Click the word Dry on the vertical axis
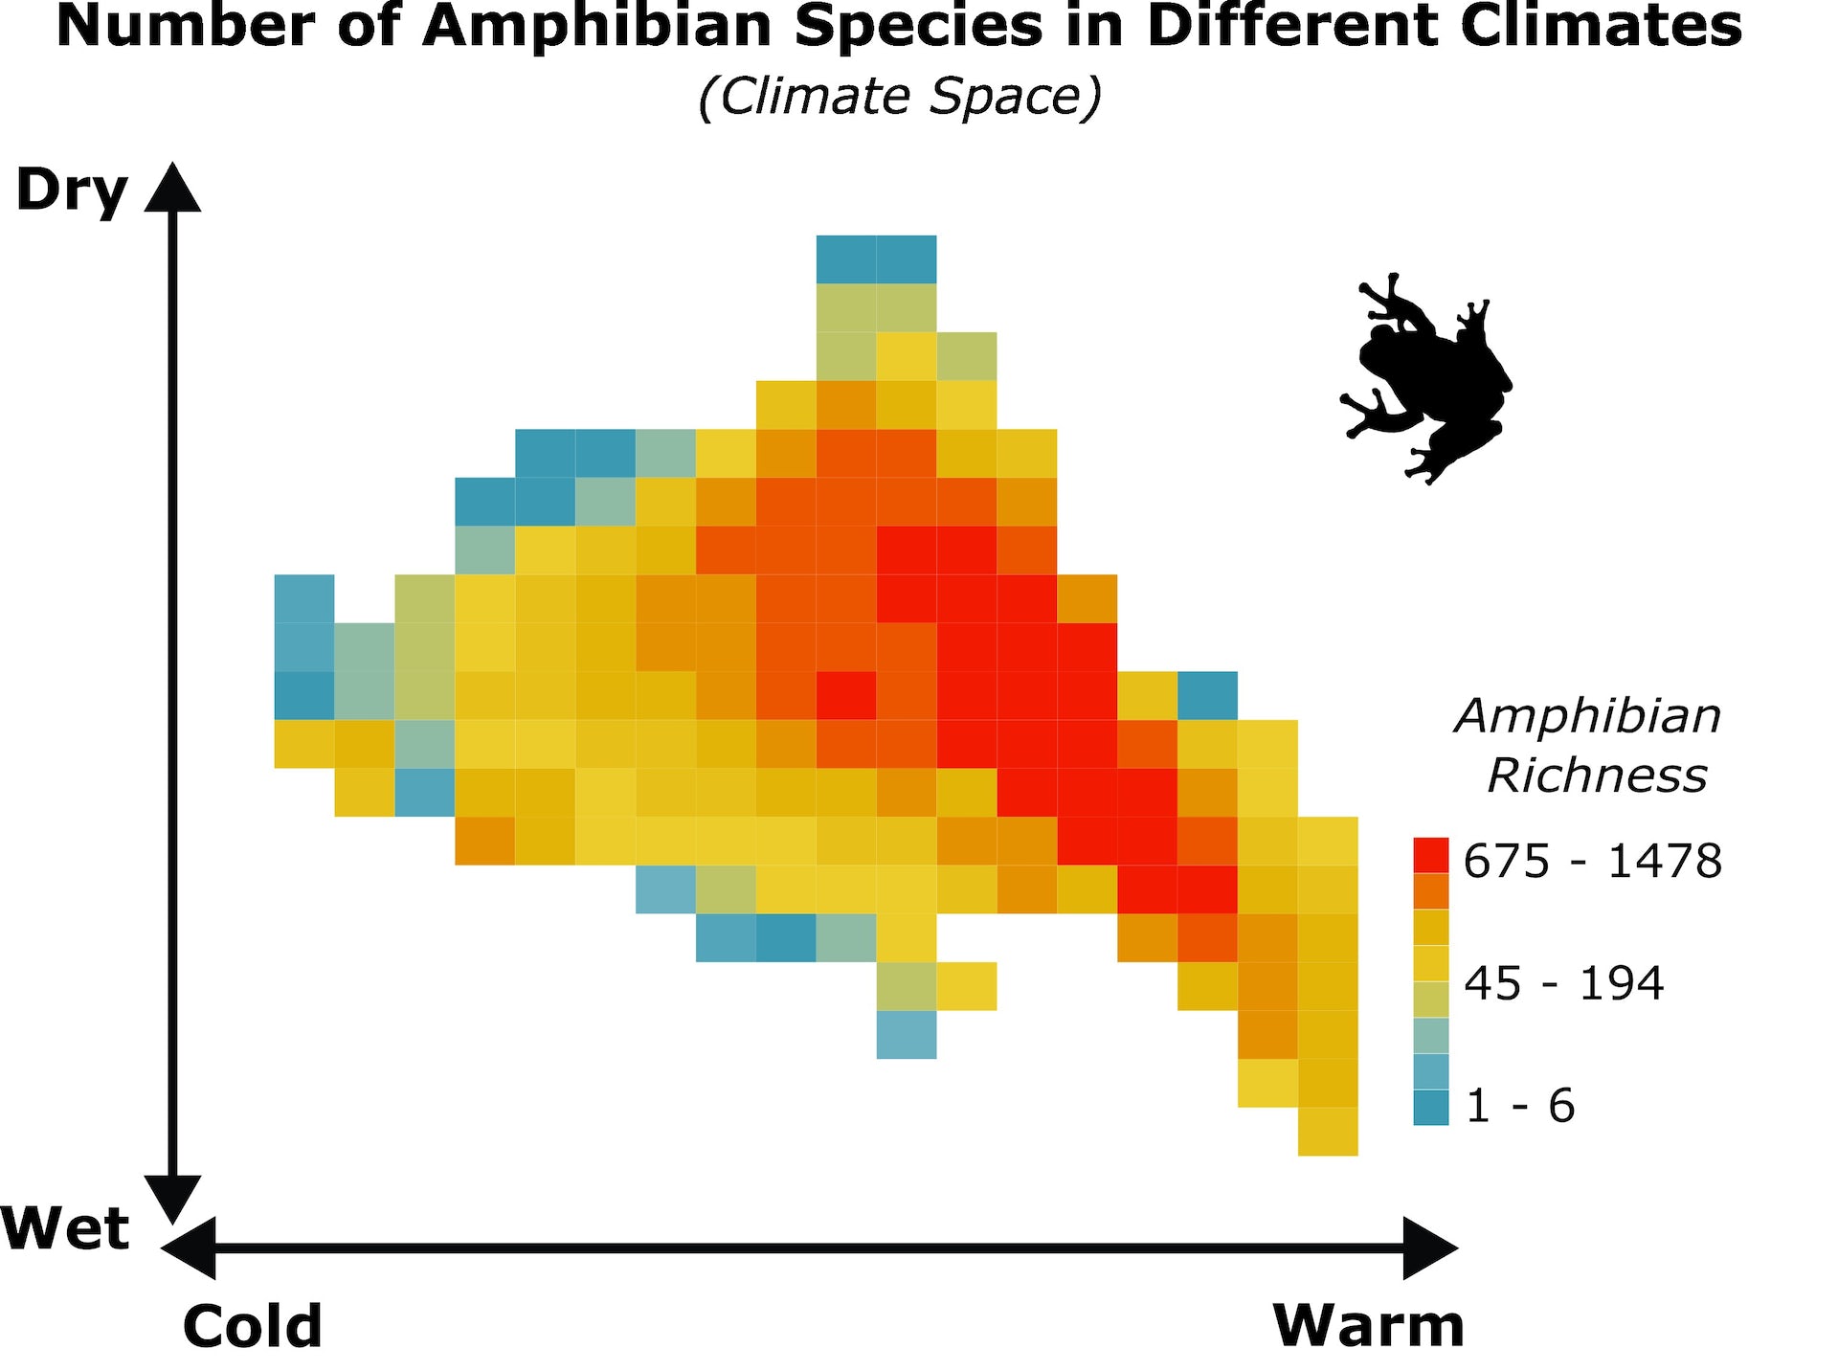coord(72,191)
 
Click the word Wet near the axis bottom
coord(65,1228)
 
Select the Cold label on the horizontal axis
coord(252,1326)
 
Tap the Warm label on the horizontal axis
coord(1368,1326)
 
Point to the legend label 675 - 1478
coord(1592,861)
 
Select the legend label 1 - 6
coord(1520,1106)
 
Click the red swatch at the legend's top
coord(1430,855)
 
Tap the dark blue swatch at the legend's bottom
coord(1430,1108)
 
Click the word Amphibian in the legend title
coord(1588,716)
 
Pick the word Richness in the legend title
coord(1597,775)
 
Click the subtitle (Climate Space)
coord(900,97)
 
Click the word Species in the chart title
coord(918,27)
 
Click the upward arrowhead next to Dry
coord(173,188)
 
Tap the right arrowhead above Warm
coord(1430,1247)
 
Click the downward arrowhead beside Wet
coord(173,1199)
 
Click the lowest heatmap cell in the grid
coord(1328,1132)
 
